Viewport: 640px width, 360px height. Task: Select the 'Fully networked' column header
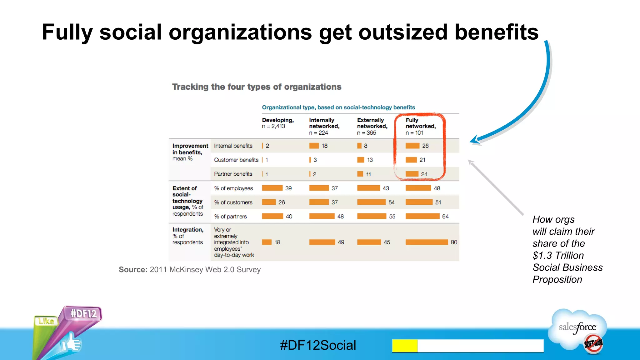coord(420,123)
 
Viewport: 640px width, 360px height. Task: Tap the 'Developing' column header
coord(277,120)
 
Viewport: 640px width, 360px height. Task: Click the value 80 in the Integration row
coord(454,242)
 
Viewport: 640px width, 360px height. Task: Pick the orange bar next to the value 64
coord(422,216)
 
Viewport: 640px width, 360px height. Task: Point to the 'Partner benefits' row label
coord(233,174)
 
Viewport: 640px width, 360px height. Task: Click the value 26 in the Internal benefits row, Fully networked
coord(425,146)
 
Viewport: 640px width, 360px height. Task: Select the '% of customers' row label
coord(233,202)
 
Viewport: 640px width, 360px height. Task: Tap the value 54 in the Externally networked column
coord(391,202)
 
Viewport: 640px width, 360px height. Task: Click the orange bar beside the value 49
coord(322,242)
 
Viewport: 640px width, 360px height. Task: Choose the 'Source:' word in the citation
coord(133,270)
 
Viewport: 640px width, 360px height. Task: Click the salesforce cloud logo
coord(578,328)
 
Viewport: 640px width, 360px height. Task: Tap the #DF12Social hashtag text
coord(318,345)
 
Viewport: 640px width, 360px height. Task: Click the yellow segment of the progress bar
coord(405,346)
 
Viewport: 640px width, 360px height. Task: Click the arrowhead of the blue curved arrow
coord(475,140)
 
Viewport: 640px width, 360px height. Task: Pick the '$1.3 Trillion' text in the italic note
coord(558,256)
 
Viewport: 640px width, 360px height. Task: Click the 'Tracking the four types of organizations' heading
coord(257,87)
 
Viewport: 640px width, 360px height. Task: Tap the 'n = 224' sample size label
coord(318,133)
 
